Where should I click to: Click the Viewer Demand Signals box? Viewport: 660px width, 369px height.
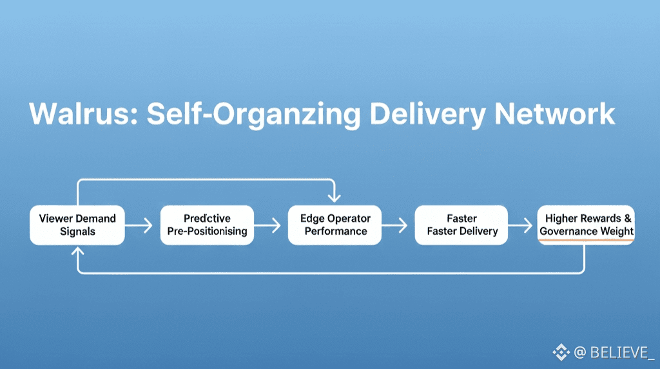(77, 225)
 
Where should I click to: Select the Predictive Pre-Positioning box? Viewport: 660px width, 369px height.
(207, 225)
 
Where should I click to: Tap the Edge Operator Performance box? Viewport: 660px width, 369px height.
(335, 225)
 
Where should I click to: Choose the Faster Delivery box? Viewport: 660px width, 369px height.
(461, 225)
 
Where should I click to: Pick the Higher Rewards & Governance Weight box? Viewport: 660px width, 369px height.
(586, 225)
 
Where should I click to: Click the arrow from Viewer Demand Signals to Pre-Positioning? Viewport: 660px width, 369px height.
(139, 225)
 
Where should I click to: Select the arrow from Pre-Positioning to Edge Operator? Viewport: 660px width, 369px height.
(267, 225)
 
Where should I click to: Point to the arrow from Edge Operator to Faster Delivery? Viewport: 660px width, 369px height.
(395, 225)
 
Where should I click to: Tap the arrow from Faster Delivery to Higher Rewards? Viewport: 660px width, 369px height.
(520, 225)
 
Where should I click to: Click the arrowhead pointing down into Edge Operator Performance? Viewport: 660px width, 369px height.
(335, 197)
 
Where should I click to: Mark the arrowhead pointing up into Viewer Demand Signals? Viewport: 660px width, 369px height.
(77, 251)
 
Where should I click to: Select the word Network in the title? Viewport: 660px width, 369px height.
(555, 114)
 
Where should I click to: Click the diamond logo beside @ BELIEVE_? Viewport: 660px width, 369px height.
(561, 352)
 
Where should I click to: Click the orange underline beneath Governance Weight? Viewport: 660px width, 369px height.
(586, 241)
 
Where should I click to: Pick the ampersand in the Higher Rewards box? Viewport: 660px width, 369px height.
(628, 218)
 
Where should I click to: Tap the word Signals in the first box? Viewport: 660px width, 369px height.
(77, 232)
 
